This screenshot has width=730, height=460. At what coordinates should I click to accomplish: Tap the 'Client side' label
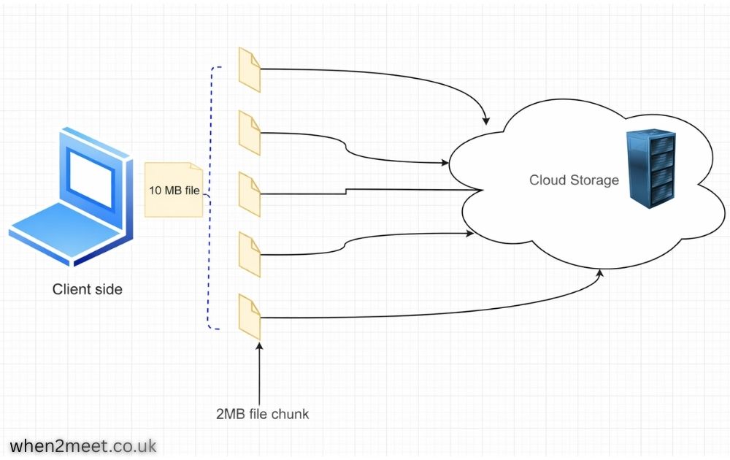88,290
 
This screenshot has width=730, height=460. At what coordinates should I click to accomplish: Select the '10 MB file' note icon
174,191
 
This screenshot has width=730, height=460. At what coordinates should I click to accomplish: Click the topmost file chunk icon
250,70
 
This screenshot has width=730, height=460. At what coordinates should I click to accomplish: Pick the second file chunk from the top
250,133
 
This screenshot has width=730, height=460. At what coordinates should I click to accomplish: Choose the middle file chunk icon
250,194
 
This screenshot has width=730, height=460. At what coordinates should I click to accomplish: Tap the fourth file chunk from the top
250,255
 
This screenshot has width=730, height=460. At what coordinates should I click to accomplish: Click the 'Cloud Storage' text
574,180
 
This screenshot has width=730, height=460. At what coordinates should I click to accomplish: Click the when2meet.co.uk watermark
83,445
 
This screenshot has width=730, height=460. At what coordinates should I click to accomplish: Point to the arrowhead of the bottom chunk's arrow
601,274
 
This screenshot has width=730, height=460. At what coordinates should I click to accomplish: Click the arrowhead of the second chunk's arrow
445,162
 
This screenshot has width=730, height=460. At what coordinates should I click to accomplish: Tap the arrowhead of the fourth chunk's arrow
469,234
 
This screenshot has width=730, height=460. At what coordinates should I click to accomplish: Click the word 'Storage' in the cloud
594,180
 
